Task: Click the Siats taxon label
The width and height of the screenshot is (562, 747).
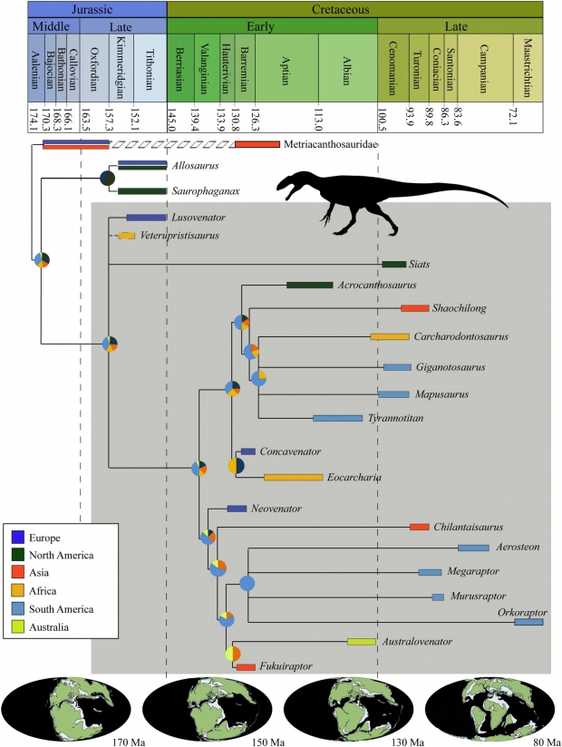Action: point(420,264)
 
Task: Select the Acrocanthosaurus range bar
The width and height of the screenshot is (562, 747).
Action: point(309,286)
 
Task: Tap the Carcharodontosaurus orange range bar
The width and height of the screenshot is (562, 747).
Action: point(389,337)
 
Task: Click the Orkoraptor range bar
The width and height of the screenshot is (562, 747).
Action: point(528,621)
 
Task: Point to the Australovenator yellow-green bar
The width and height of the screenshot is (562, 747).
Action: point(362,642)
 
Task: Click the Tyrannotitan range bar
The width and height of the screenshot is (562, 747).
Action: point(337,418)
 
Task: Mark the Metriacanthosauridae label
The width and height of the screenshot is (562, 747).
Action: point(331,144)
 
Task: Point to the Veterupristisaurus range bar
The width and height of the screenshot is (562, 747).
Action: point(126,237)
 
